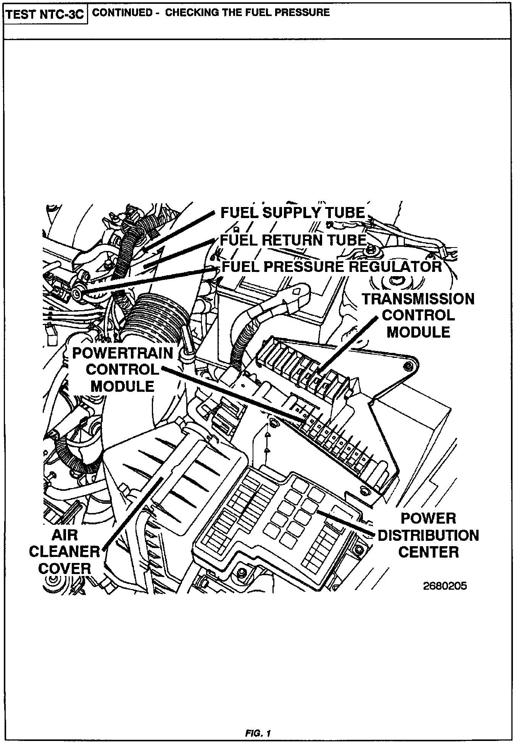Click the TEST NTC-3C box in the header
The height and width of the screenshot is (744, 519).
click(45, 15)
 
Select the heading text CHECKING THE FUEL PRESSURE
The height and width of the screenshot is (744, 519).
click(247, 13)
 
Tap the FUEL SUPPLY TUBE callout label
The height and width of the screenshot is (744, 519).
click(293, 213)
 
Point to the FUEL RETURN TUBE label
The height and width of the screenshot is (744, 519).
click(293, 240)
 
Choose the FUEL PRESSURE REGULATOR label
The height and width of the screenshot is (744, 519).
click(331, 266)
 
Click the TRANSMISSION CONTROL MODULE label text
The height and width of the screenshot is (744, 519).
click(418, 315)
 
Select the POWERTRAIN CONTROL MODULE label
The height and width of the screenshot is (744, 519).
click(122, 370)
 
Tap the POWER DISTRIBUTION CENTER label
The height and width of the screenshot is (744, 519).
click(428, 535)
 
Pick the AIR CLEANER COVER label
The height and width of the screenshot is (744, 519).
click(65, 552)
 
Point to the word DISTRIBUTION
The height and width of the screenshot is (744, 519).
click(428, 535)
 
